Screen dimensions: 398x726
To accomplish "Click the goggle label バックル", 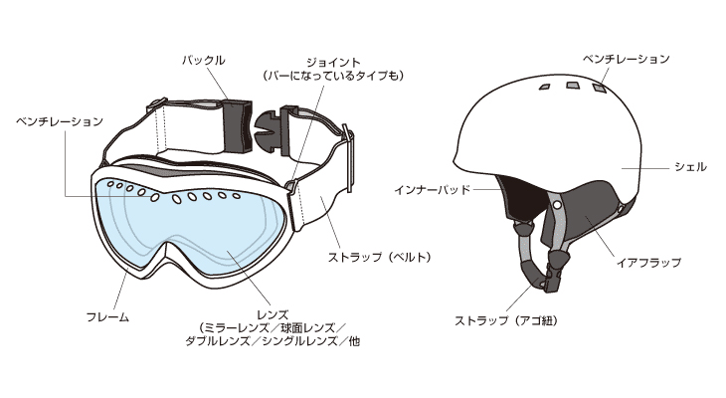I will coord(203,60).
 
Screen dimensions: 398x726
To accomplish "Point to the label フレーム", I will coord(108,316).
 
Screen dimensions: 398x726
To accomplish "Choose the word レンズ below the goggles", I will coord(272,312).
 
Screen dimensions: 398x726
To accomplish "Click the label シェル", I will coord(690,167).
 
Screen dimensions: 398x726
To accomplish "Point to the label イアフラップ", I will coord(648,263).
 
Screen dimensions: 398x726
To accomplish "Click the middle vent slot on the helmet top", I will coord(571,88).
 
